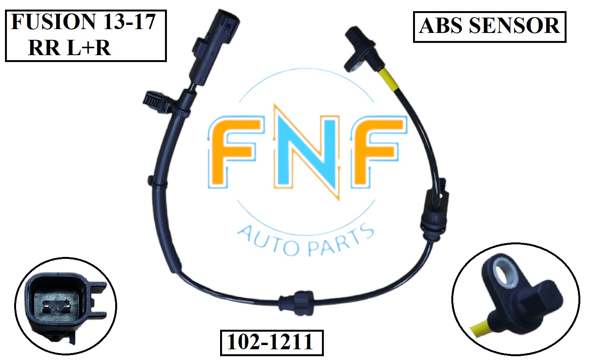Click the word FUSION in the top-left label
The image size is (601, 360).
click(x=53, y=21)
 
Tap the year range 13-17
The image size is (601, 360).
click(x=129, y=21)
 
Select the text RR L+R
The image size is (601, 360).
click(x=69, y=48)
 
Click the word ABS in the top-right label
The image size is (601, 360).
click(x=441, y=26)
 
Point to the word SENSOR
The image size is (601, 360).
click(x=514, y=26)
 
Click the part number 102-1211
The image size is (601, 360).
click(x=271, y=342)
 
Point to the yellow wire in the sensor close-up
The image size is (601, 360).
click(x=481, y=329)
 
